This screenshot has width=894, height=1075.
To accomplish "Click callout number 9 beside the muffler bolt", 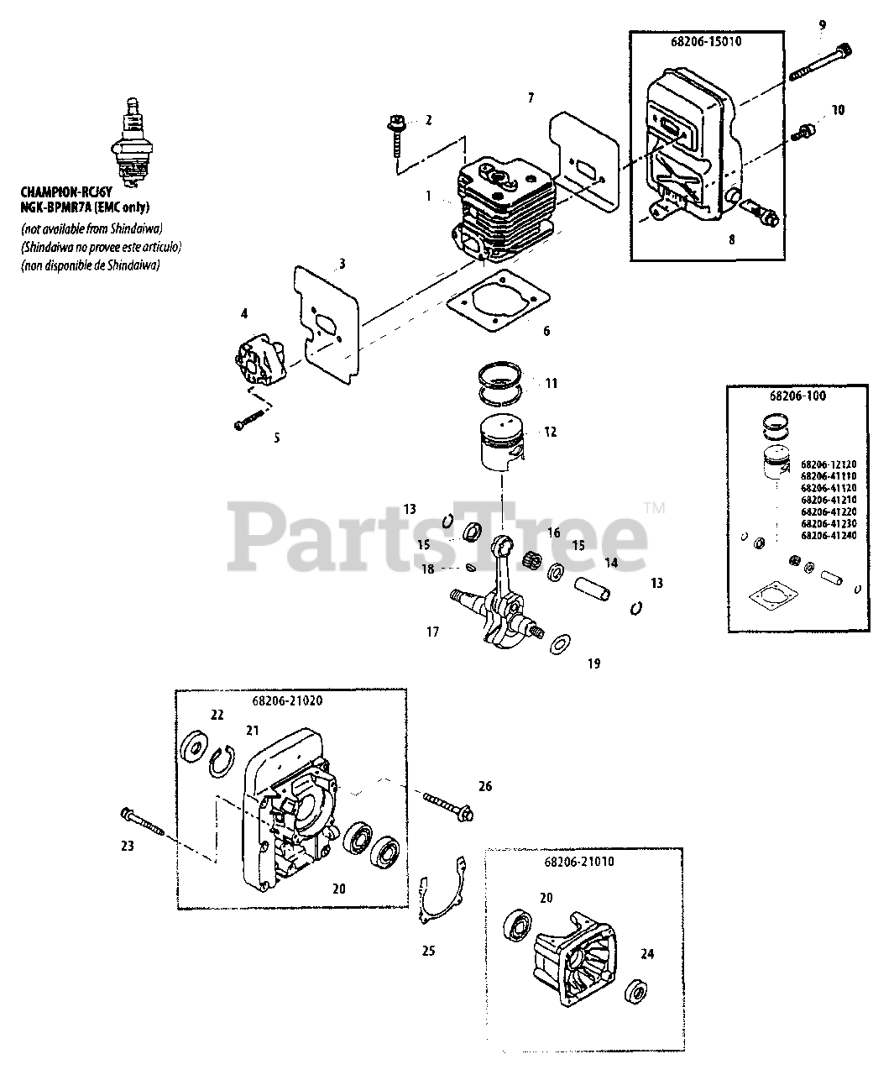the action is tap(823, 26).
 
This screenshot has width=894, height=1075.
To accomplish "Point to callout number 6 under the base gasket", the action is tap(546, 331).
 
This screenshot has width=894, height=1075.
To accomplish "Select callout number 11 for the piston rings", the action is tap(551, 384).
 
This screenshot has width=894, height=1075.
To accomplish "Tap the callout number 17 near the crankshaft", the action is tap(432, 632).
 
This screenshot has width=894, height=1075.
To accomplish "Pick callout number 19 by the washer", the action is tap(594, 663).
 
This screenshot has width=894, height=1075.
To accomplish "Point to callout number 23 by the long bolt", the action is tap(127, 846).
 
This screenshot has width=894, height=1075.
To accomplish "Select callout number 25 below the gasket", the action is tap(428, 952).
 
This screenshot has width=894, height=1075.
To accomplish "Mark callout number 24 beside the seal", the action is tap(647, 954).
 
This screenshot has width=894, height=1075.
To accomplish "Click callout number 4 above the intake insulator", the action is tap(243, 314).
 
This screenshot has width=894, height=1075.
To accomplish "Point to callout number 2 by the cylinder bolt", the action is tap(428, 120).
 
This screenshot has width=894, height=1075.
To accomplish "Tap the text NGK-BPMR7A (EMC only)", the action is tap(86, 206).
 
